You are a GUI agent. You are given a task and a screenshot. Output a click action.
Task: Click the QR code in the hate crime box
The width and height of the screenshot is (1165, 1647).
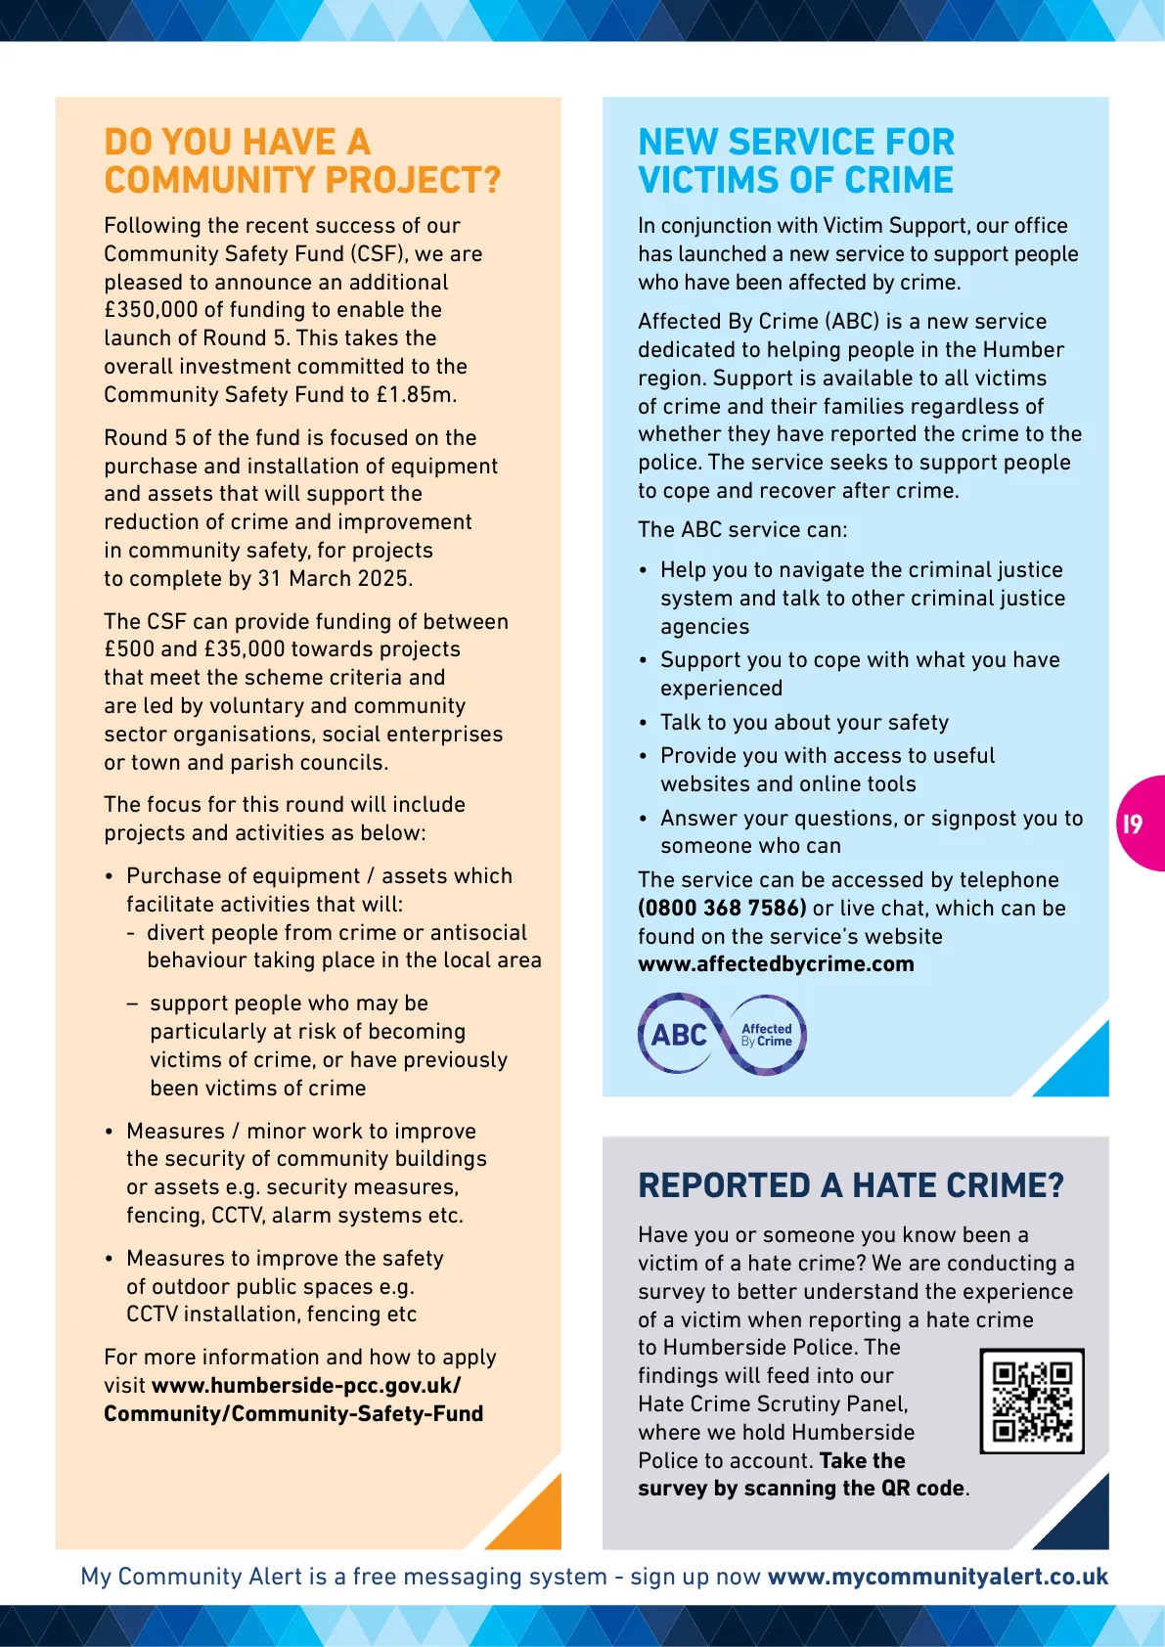[x=1032, y=1401]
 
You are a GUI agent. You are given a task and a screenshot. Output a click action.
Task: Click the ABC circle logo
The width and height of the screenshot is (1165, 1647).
[x=678, y=1035]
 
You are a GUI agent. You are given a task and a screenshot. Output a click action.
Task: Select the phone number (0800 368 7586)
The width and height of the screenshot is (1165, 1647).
[x=722, y=908]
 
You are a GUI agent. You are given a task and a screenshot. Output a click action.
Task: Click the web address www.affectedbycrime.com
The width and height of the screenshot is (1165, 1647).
[x=776, y=964]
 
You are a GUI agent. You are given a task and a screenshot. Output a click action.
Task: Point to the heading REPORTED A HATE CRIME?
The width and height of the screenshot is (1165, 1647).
[x=850, y=1185]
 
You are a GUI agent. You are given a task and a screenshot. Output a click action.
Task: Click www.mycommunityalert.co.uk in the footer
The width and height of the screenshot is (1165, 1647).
[x=937, y=1577]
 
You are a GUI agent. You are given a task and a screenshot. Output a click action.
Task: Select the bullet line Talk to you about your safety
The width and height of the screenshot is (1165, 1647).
[x=804, y=723]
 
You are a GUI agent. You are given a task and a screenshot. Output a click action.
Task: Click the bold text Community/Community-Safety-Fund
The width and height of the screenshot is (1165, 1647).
[x=293, y=1414]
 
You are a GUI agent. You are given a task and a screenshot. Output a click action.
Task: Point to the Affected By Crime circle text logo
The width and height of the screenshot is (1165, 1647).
[x=767, y=1035]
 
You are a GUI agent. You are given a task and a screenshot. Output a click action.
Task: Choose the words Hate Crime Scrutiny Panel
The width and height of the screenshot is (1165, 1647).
[x=773, y=1404]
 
